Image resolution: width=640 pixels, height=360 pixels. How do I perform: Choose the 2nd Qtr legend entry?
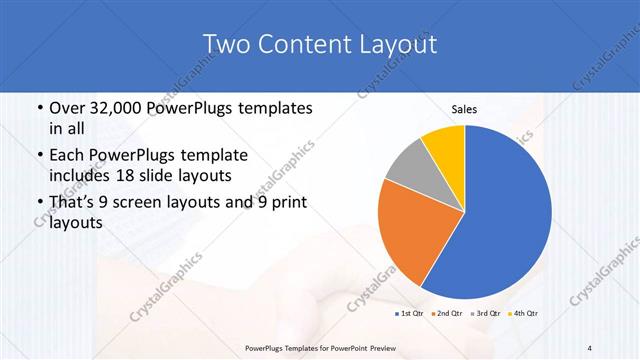point(447,314)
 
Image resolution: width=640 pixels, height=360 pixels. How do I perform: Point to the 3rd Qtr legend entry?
point(485,314)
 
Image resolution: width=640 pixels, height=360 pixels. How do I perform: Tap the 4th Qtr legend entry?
point(523,314)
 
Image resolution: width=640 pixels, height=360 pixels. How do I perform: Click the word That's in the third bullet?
point(76,203)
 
